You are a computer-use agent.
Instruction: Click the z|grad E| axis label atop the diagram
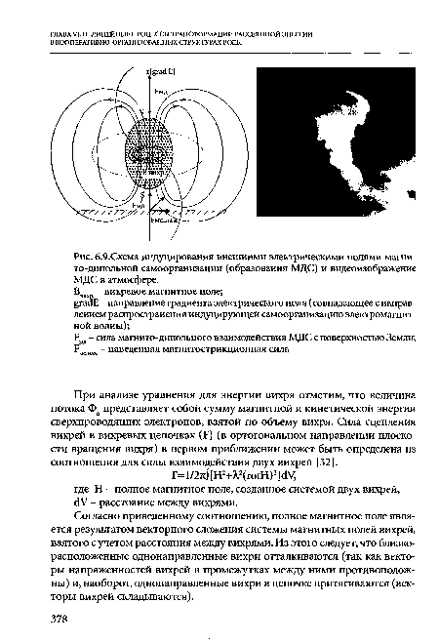coord(156,73)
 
